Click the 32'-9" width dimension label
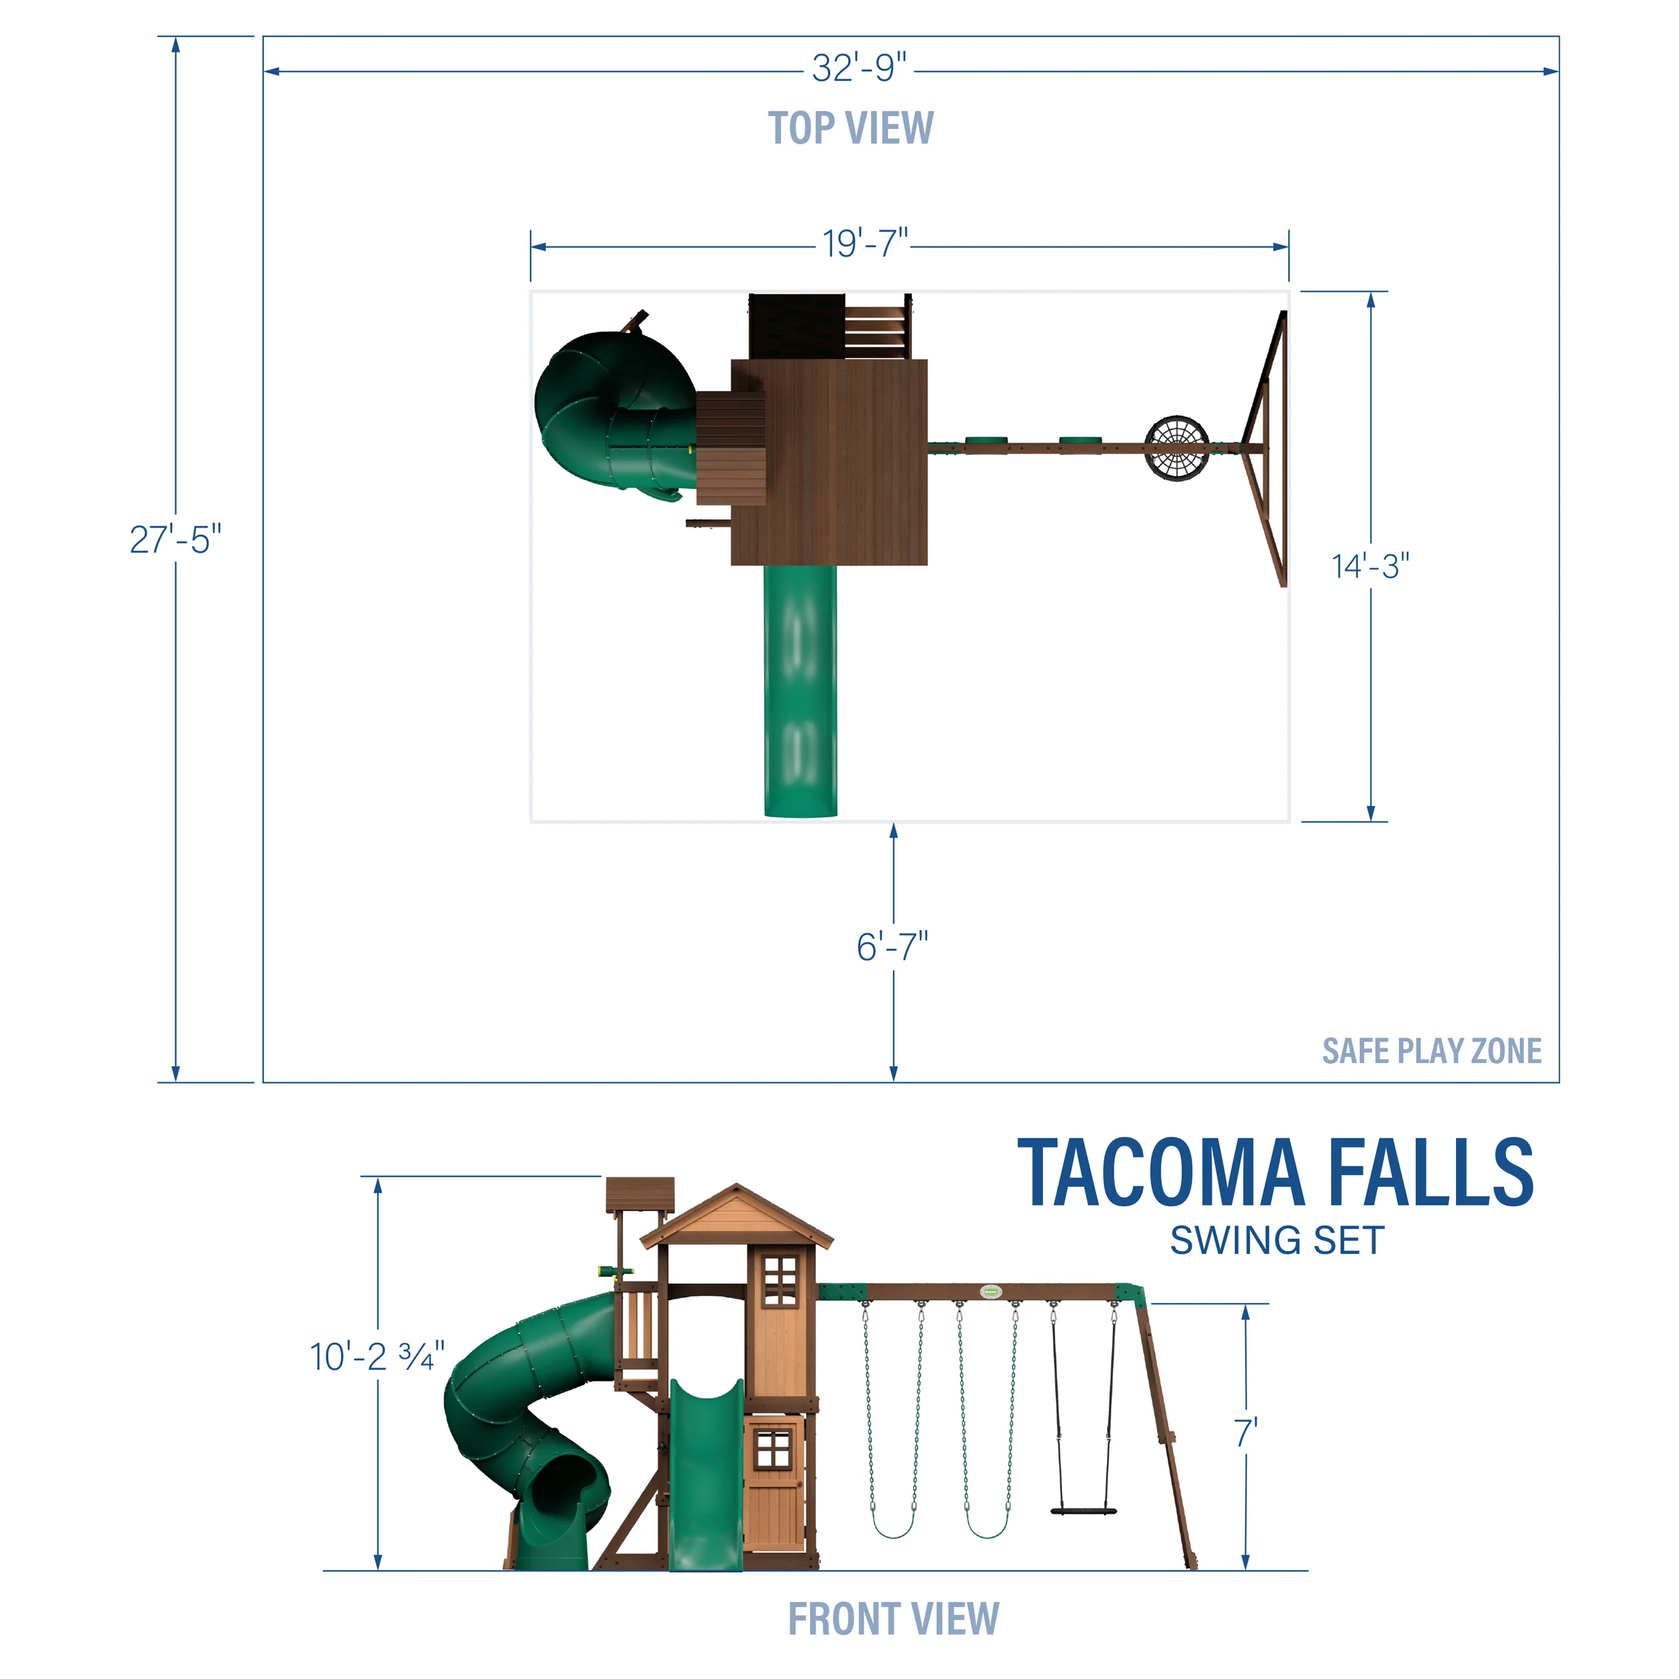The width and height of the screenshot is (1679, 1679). click(858, 69)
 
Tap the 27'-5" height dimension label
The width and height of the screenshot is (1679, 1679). click(175, 540)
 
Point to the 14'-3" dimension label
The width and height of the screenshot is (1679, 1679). click(1371, 567)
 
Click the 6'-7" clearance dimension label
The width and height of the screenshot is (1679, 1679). click(893, 947)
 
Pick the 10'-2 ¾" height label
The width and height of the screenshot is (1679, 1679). click(377, 1357)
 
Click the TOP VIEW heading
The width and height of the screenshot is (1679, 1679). click(851, 129)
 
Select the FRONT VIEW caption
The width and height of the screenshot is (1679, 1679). click(893, 1619)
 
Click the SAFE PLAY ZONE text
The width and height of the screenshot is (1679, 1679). click(1431, 1050)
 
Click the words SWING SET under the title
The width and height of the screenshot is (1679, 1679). click(1277, 1241)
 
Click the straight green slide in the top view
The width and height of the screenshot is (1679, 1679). click(801, 691)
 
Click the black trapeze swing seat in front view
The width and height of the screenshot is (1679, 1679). click(1083, 1510)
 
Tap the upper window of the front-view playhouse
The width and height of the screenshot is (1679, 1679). click(780, 1281)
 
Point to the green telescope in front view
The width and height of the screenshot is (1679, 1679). click(615, 1273)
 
